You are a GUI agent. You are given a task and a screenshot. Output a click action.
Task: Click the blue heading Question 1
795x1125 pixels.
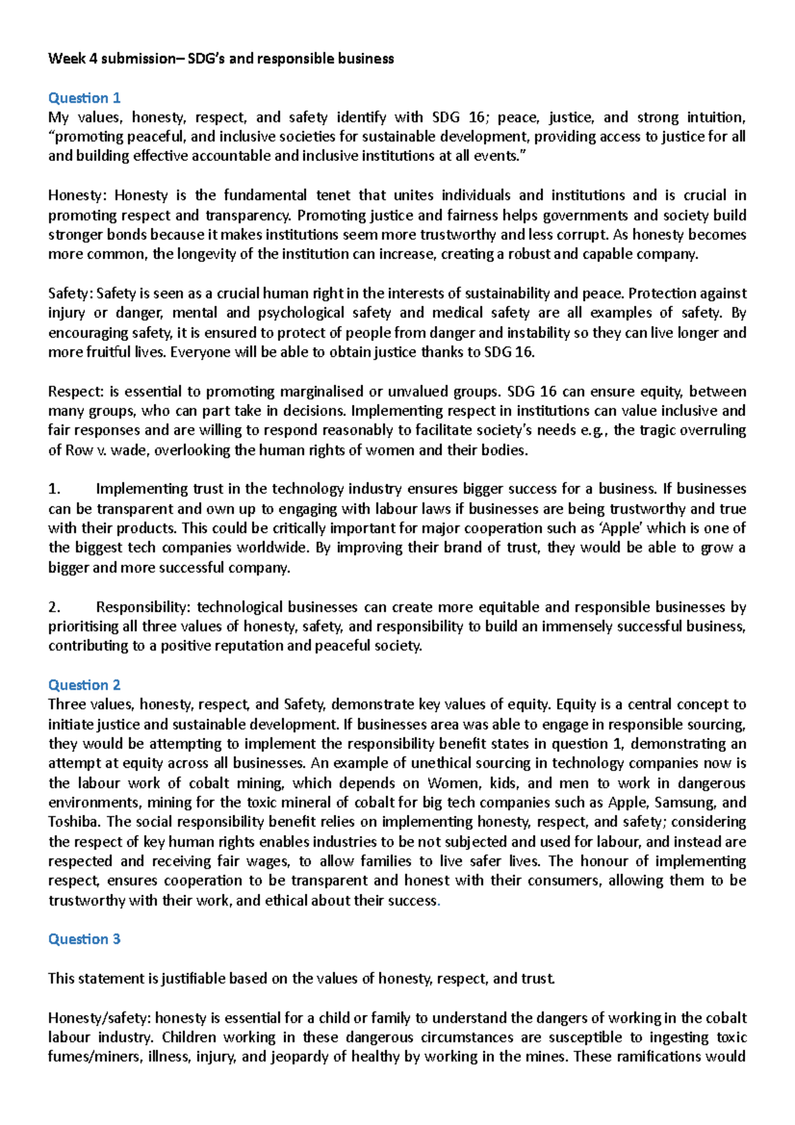84,98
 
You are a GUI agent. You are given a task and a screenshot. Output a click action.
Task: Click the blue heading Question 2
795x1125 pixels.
84,685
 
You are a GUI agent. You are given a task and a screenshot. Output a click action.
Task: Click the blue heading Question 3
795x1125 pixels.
84,939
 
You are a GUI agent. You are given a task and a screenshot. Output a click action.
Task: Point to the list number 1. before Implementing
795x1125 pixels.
54,489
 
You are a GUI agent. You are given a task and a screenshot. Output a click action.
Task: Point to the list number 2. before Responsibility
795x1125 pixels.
54,607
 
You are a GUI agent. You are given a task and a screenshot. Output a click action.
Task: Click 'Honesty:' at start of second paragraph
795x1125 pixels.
75,195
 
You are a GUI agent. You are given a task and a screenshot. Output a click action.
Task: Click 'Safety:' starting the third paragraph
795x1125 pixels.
71,294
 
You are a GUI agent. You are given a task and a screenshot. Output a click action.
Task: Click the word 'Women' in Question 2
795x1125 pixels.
454,783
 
